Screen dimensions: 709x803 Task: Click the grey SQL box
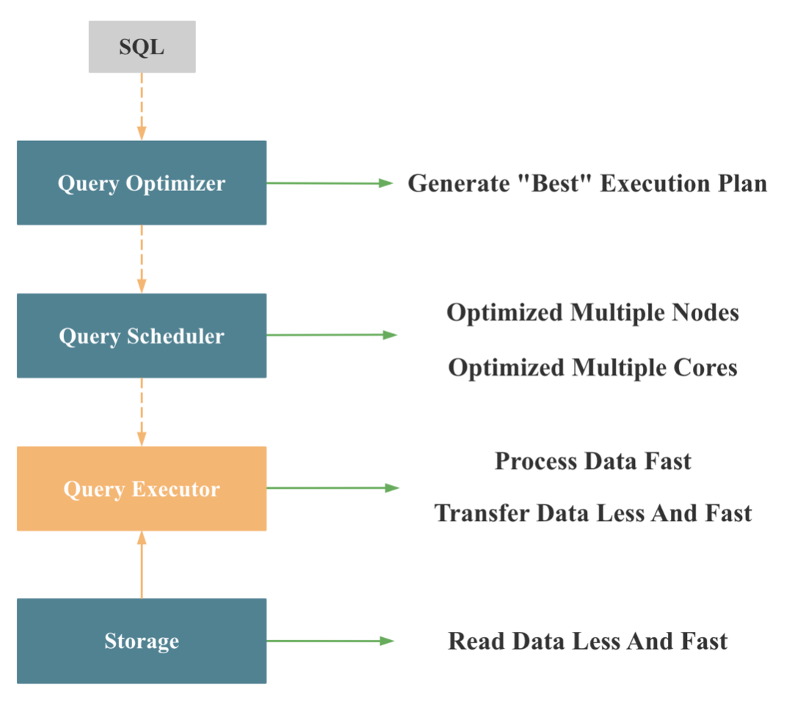(142, 47)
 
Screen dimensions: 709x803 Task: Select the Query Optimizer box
(142, 183)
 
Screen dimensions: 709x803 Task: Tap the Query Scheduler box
(142, 336)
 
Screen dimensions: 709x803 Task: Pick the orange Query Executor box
(142, 489)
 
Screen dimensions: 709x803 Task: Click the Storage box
(142, 641)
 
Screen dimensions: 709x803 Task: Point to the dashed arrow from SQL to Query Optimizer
(142, 106)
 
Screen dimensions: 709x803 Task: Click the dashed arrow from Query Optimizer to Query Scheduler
(142, 258)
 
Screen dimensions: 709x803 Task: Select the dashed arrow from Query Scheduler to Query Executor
(142, 411)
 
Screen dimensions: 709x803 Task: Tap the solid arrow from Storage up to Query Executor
(142, 564)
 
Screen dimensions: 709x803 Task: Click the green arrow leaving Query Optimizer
(330, 183)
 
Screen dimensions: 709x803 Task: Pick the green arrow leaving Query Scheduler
(331, 335)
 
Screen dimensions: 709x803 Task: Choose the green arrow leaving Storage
(330, 641)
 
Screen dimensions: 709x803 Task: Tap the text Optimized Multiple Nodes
(592, 313)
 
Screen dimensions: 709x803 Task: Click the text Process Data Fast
(592, 461)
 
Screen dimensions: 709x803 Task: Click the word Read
(476, 641)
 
